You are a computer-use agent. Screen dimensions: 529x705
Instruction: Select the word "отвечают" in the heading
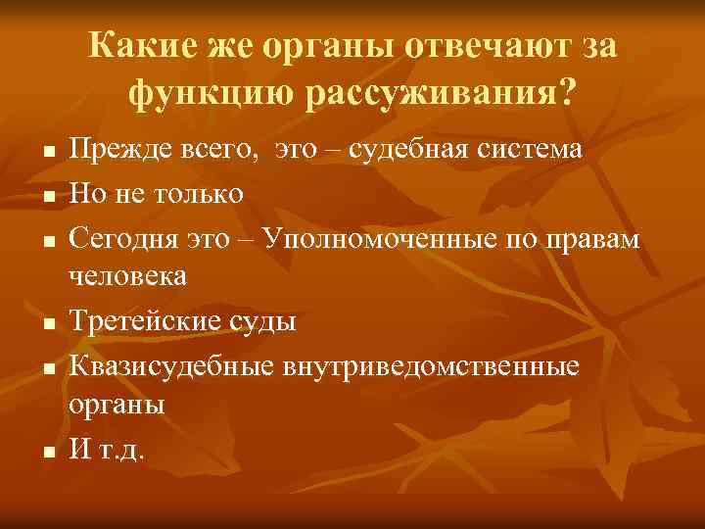click(x=478, y=47)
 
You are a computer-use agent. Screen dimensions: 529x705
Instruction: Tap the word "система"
click(x=531, y=150)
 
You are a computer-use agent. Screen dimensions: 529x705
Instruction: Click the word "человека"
click(x=127, y=276)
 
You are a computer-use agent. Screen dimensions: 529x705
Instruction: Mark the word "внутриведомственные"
click(x=431, y=363)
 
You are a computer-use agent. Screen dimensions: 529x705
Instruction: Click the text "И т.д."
click(x=107, y=449)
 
